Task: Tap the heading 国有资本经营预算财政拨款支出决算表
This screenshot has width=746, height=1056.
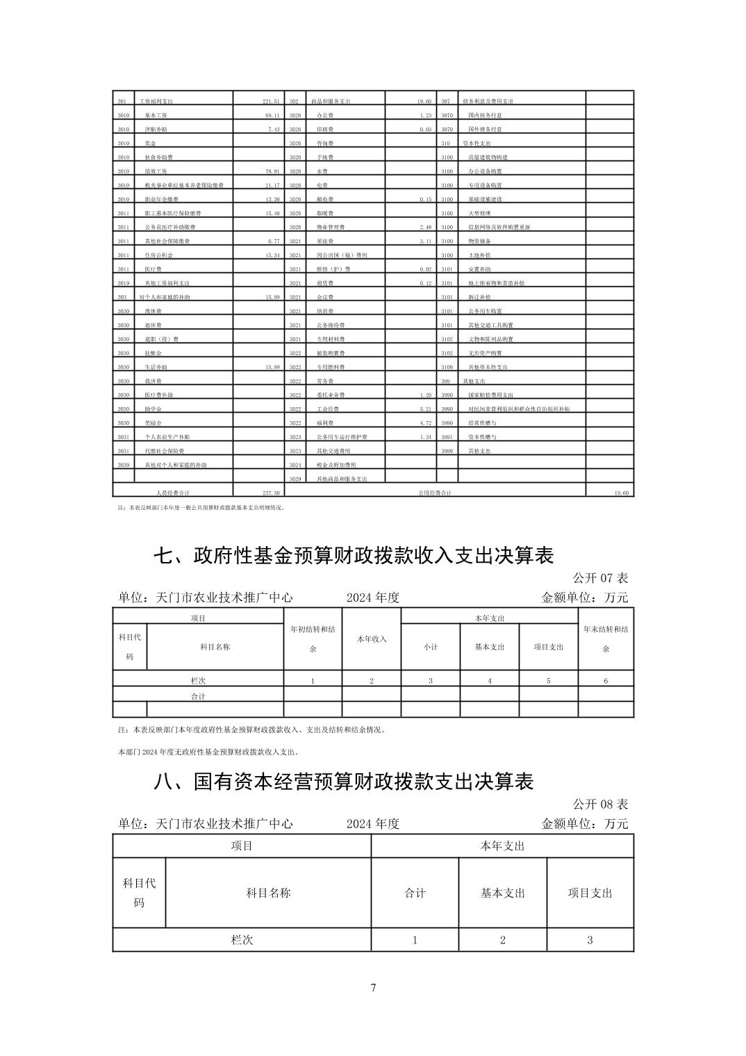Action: pyautogui.click(x=343, y=782)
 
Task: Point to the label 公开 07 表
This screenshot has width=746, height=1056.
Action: pyautogui.click(x=600, y=578)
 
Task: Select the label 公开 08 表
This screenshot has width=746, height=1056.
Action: pyautogui.click(x=600, y=804)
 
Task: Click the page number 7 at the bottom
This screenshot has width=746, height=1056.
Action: pyautogui.click(x=373, y=988)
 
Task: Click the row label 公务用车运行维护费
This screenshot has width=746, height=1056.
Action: pyautogui.click(x=342, y=437)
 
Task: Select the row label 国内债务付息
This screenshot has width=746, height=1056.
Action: pyautogui.click(x=485, y=115)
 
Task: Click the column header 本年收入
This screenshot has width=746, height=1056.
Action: pyautogui.click(x=372, y=639)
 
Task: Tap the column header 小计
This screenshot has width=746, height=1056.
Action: pyautogui.click(x=431, y=647)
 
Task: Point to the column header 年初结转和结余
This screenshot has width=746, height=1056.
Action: pyautogui.click(x=313, y=639)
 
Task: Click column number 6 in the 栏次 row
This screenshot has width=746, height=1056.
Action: pyautogui.click(x=606, y=681)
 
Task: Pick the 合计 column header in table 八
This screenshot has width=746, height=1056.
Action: pyautogui.click(x=415, y=893)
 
